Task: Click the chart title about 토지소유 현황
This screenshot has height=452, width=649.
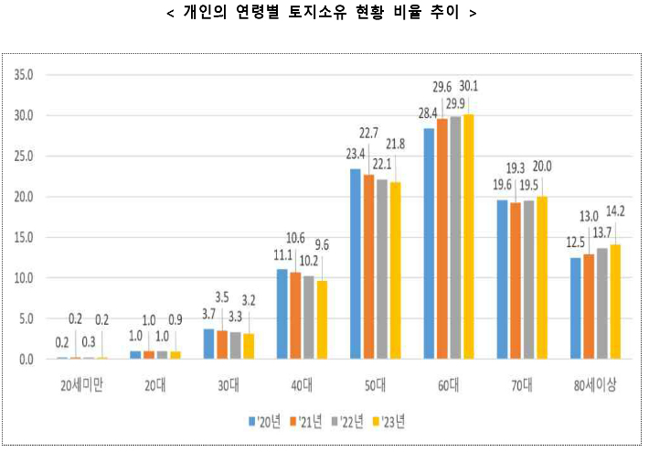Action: pos(324,14)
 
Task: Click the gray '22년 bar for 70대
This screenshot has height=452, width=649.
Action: pos(528,279)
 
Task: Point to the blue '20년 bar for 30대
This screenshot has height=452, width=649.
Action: pos(208,344)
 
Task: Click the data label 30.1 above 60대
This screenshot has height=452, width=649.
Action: pos(470,87)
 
